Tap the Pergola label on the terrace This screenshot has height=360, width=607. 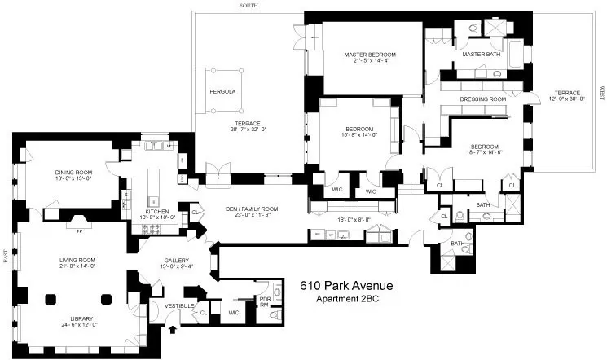222,92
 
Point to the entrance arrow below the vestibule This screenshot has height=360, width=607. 172,331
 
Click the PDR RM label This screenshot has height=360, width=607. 264,301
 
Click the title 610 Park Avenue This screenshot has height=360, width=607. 346,286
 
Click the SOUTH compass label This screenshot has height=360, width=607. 249,5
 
